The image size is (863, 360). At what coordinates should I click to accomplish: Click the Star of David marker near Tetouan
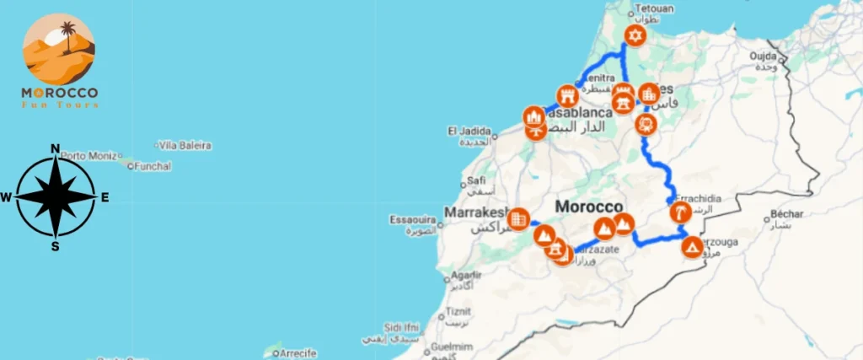coord(635,36)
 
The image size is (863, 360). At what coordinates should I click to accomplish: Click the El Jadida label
coord(466,131)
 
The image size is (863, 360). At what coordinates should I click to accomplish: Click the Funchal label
coord(153,166)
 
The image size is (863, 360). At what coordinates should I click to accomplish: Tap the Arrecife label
coord(297,352)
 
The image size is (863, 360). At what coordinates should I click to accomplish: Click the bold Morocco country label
coord(589,207)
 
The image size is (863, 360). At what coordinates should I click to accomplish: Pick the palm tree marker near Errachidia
coord(679,212)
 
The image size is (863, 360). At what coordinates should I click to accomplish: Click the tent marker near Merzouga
coord(692,247)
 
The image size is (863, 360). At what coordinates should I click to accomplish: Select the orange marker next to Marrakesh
coord(519,218)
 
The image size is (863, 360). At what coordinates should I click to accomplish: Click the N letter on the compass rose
coord(56,150)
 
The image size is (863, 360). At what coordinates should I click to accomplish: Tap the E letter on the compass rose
coord(105,198)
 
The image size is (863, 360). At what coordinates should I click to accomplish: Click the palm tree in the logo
coord(67,35)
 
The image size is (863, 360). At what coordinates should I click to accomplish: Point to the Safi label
coord(476,180)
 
